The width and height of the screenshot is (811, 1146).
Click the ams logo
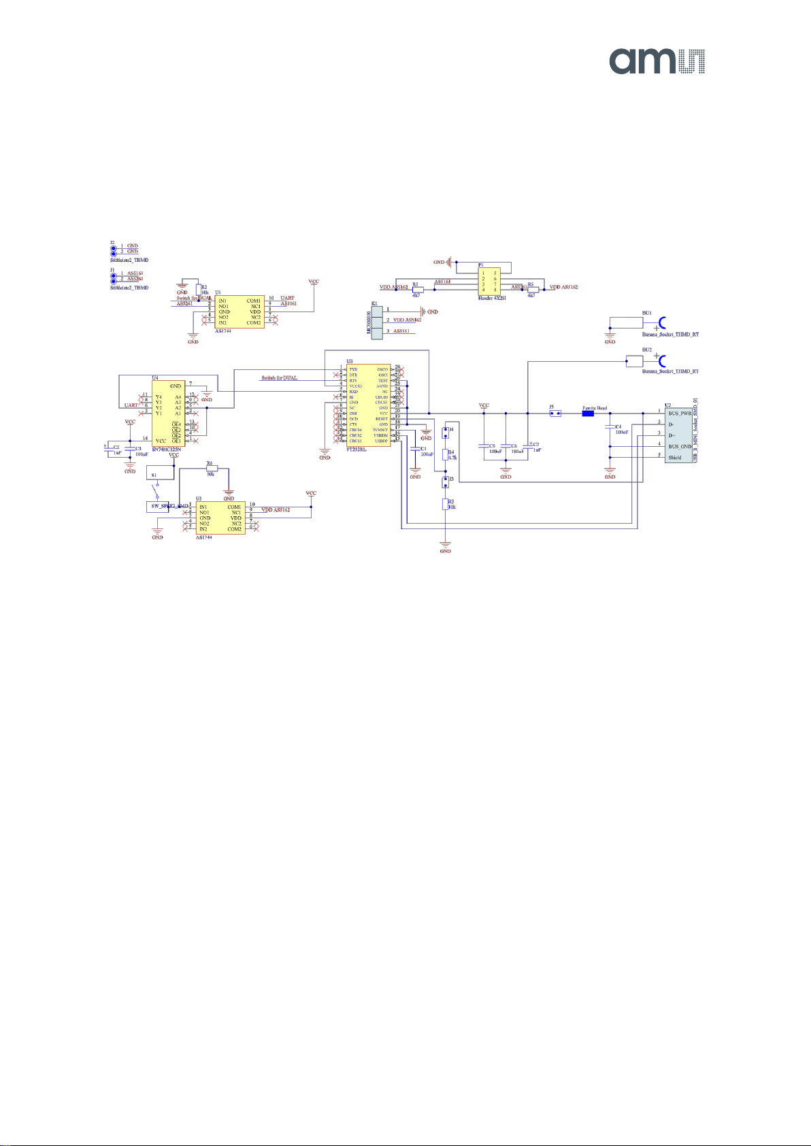pyautogui.click(x=657, y=61)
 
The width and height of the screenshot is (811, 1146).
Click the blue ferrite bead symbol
pyautogui.click(x=589, y=413)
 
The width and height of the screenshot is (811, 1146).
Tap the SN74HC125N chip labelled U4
pyautogui.click(x=167, y=413)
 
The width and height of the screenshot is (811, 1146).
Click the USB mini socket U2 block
pyautogui.click(x=678, y=435)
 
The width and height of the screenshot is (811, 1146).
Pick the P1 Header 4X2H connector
pyautogui.click(x=490, y=280)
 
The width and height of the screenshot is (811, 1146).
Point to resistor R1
pyautogui.click(x=418, y=288)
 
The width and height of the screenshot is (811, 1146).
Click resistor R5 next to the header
pyautogui.click(x=533, y=288)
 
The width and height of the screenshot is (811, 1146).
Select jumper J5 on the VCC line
pyautogui.click(x=555, y=413)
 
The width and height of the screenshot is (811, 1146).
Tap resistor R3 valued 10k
pyautogui.click(x=446, y=504)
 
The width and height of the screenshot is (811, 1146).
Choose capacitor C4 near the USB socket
pyautogui.click(x=610, y=428)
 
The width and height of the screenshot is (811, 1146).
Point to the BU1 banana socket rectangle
pyautogui.click(x=626, y=322)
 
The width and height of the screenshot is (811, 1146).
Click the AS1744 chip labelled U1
pyautogui.click(x=239, y=311)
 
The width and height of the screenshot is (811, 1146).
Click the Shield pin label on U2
pyautogui.click(x=675, y=458)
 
